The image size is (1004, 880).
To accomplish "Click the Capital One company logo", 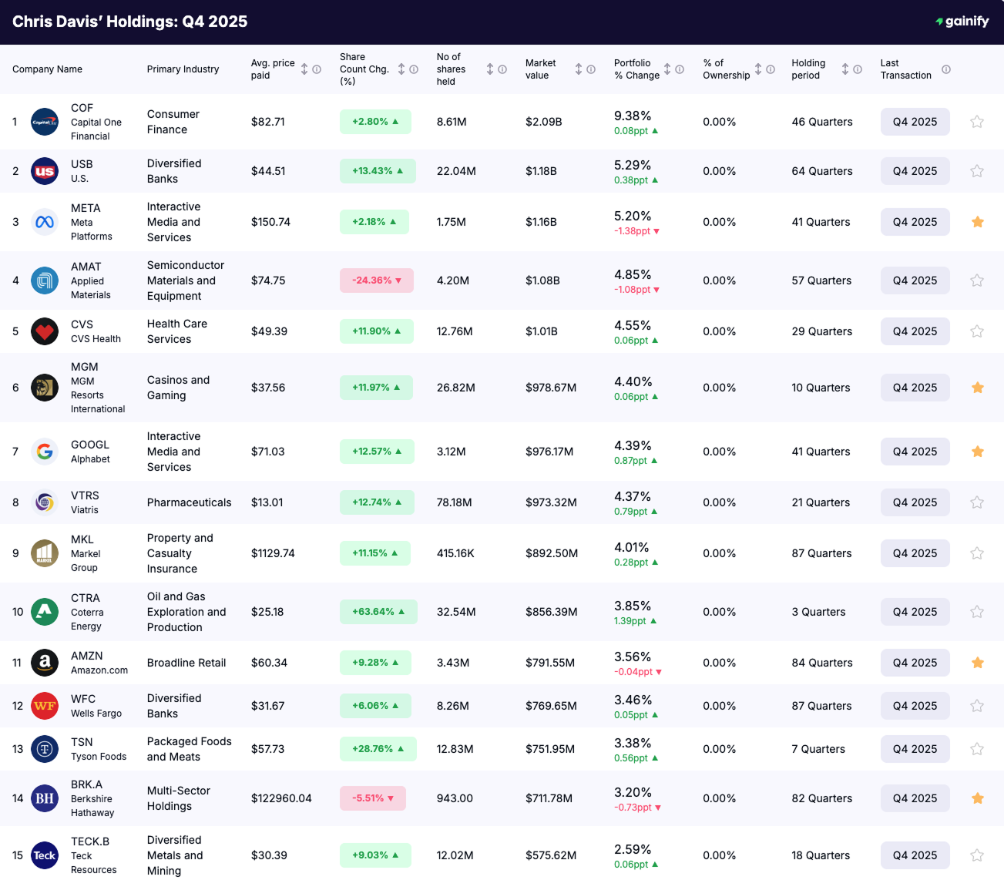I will (45, 122).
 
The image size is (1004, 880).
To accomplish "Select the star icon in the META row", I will (977, 222).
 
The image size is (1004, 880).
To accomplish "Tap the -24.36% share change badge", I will (376, 280).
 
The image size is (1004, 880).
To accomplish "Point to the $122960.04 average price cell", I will (281, 798).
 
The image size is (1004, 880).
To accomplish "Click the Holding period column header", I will (808, 69).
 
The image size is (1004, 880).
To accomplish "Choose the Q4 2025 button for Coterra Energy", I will (915, 612).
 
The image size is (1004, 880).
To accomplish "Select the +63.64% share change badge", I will (378, 612).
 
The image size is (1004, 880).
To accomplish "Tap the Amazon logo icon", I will (45, 663).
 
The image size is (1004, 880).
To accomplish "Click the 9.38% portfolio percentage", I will (633, 116).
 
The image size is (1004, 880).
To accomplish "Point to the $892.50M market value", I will (552, 553).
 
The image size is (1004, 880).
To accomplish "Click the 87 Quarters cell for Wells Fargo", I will (821, 706).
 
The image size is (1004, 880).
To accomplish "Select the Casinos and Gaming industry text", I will (178, 388).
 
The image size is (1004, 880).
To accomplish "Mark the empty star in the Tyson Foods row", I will (977, 749).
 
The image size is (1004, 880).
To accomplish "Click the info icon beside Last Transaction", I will (946, 69).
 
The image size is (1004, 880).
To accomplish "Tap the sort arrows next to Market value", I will (579, 69).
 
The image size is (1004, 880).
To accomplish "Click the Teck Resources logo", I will (45, 855).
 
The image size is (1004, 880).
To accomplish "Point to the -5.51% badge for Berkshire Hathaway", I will (372, 798).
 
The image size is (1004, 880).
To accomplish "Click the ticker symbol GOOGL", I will (90, 445).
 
